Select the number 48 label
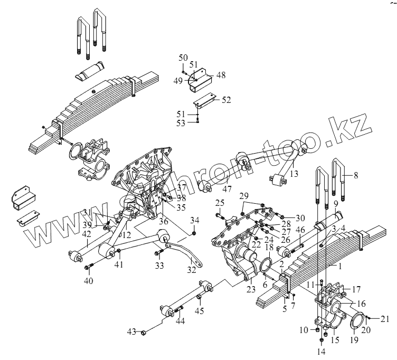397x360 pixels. click(x=220, y=75)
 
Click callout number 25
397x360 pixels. click(x=220, y=203)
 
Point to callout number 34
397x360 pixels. click(x=195, y=220)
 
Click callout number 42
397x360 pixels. click(x=87, y=234)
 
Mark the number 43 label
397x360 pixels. click(x=131, y=331)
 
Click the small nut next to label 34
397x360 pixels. click(x=195, y=232)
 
